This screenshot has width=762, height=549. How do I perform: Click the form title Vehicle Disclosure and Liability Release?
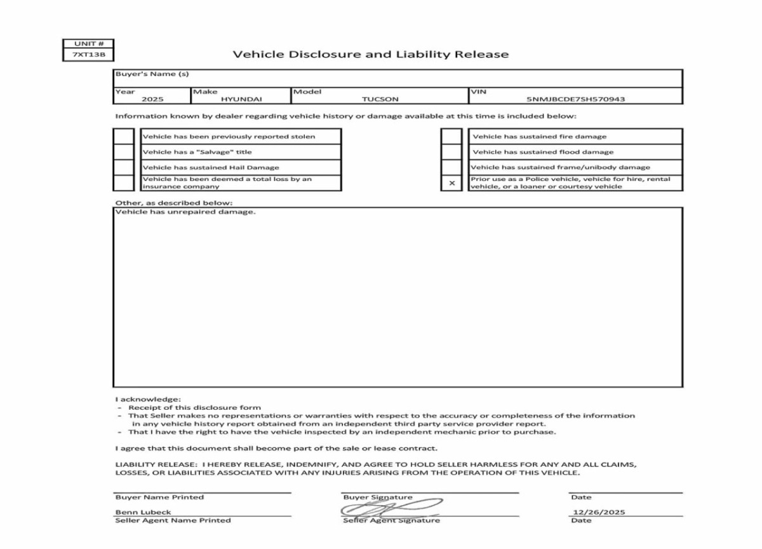point(370,54)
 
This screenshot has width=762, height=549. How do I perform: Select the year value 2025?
point(152,100)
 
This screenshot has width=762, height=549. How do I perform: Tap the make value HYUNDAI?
point(241,100)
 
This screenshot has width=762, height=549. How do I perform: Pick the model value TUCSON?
point(380,100)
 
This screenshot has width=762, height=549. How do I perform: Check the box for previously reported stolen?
point(124,136)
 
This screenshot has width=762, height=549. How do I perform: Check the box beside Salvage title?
point(124,152)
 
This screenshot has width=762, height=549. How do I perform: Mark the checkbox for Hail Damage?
point(124,167)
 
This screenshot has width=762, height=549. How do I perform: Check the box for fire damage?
point(451,136)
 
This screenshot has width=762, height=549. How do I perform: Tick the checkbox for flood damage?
point(451,152)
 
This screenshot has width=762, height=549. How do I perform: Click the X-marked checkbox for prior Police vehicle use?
point(451,183)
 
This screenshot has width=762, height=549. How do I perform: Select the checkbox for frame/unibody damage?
point(451,167)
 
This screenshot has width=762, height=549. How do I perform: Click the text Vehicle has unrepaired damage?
point(185,212)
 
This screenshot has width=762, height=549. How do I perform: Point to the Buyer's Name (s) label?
point(152,74)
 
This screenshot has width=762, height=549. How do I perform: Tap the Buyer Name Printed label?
point(159,497)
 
